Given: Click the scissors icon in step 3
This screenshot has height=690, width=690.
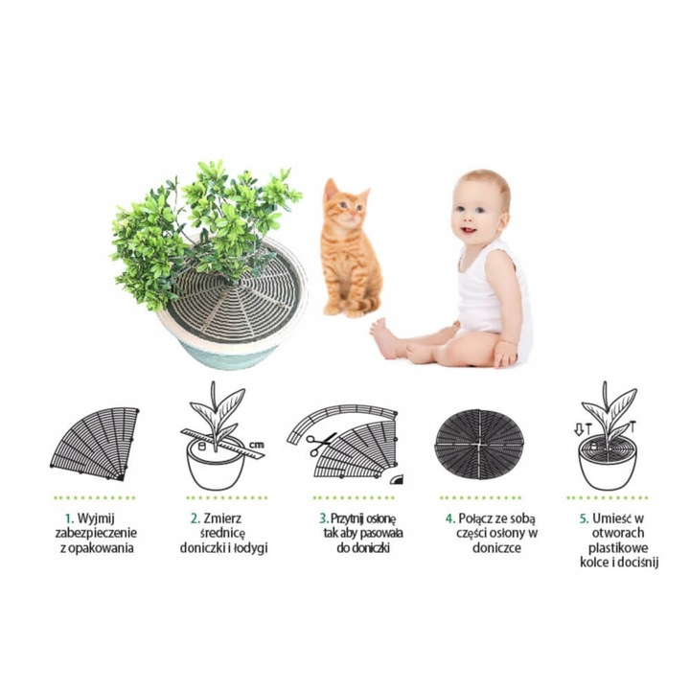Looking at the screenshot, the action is (320, 443).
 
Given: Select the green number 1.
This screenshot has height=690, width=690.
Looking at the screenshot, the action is (68, 518).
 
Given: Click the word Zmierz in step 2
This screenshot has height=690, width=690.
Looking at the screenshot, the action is (222, 518).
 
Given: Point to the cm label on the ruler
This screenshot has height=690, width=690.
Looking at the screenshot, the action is (257, 445).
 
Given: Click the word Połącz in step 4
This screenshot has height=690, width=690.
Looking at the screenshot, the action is (475, 519).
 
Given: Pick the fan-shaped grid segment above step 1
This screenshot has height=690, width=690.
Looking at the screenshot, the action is (96, 443).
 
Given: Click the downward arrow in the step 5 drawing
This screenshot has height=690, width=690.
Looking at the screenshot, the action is (579, 429).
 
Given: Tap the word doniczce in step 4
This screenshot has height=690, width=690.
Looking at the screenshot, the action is (496, 548).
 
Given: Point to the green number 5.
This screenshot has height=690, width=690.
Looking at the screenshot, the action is (584, 518).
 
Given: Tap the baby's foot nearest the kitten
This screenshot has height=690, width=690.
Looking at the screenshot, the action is (382, 335).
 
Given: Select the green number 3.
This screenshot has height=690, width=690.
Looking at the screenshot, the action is (324, 518).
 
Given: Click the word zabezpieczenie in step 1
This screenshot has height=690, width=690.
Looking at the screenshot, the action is (96, 534).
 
